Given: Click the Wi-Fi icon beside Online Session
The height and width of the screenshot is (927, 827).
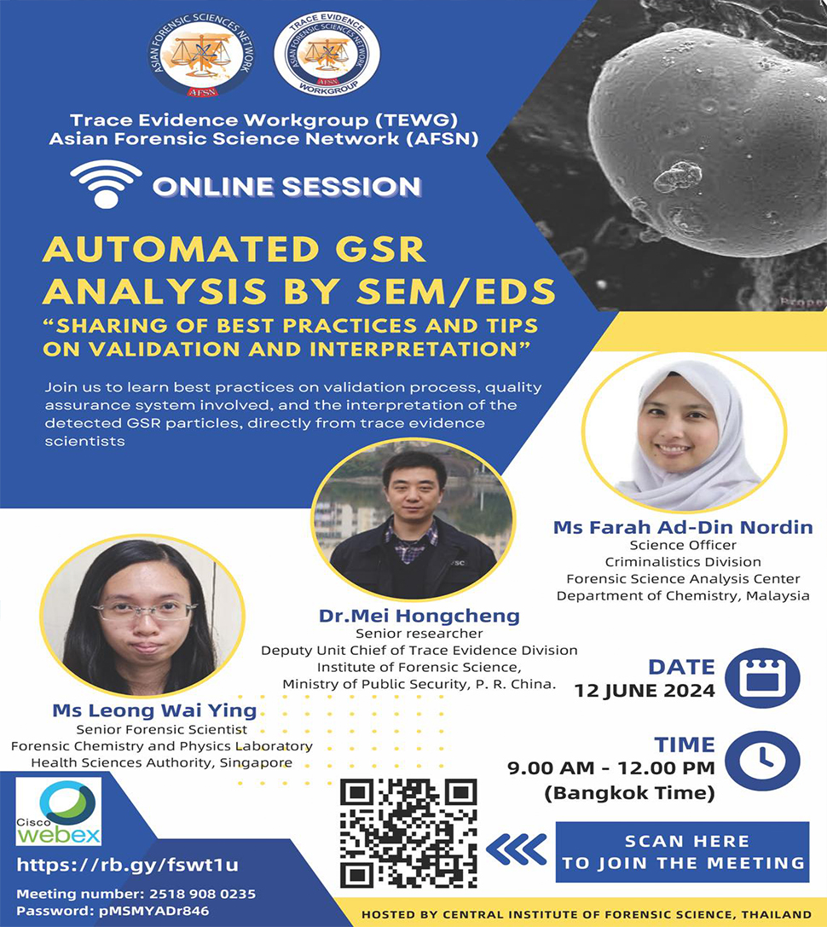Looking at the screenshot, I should coord(106,183).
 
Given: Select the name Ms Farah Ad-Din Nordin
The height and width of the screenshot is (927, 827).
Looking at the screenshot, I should coord(683,528).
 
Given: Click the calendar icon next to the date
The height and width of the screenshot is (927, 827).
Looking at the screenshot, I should coord(761,678).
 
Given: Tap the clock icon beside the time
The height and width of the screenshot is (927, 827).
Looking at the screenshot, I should coord(761,757).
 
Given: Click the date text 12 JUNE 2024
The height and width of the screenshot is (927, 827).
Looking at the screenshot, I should coord(645,692).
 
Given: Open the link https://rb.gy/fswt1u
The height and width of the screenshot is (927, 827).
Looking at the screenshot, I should coord(127,865).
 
